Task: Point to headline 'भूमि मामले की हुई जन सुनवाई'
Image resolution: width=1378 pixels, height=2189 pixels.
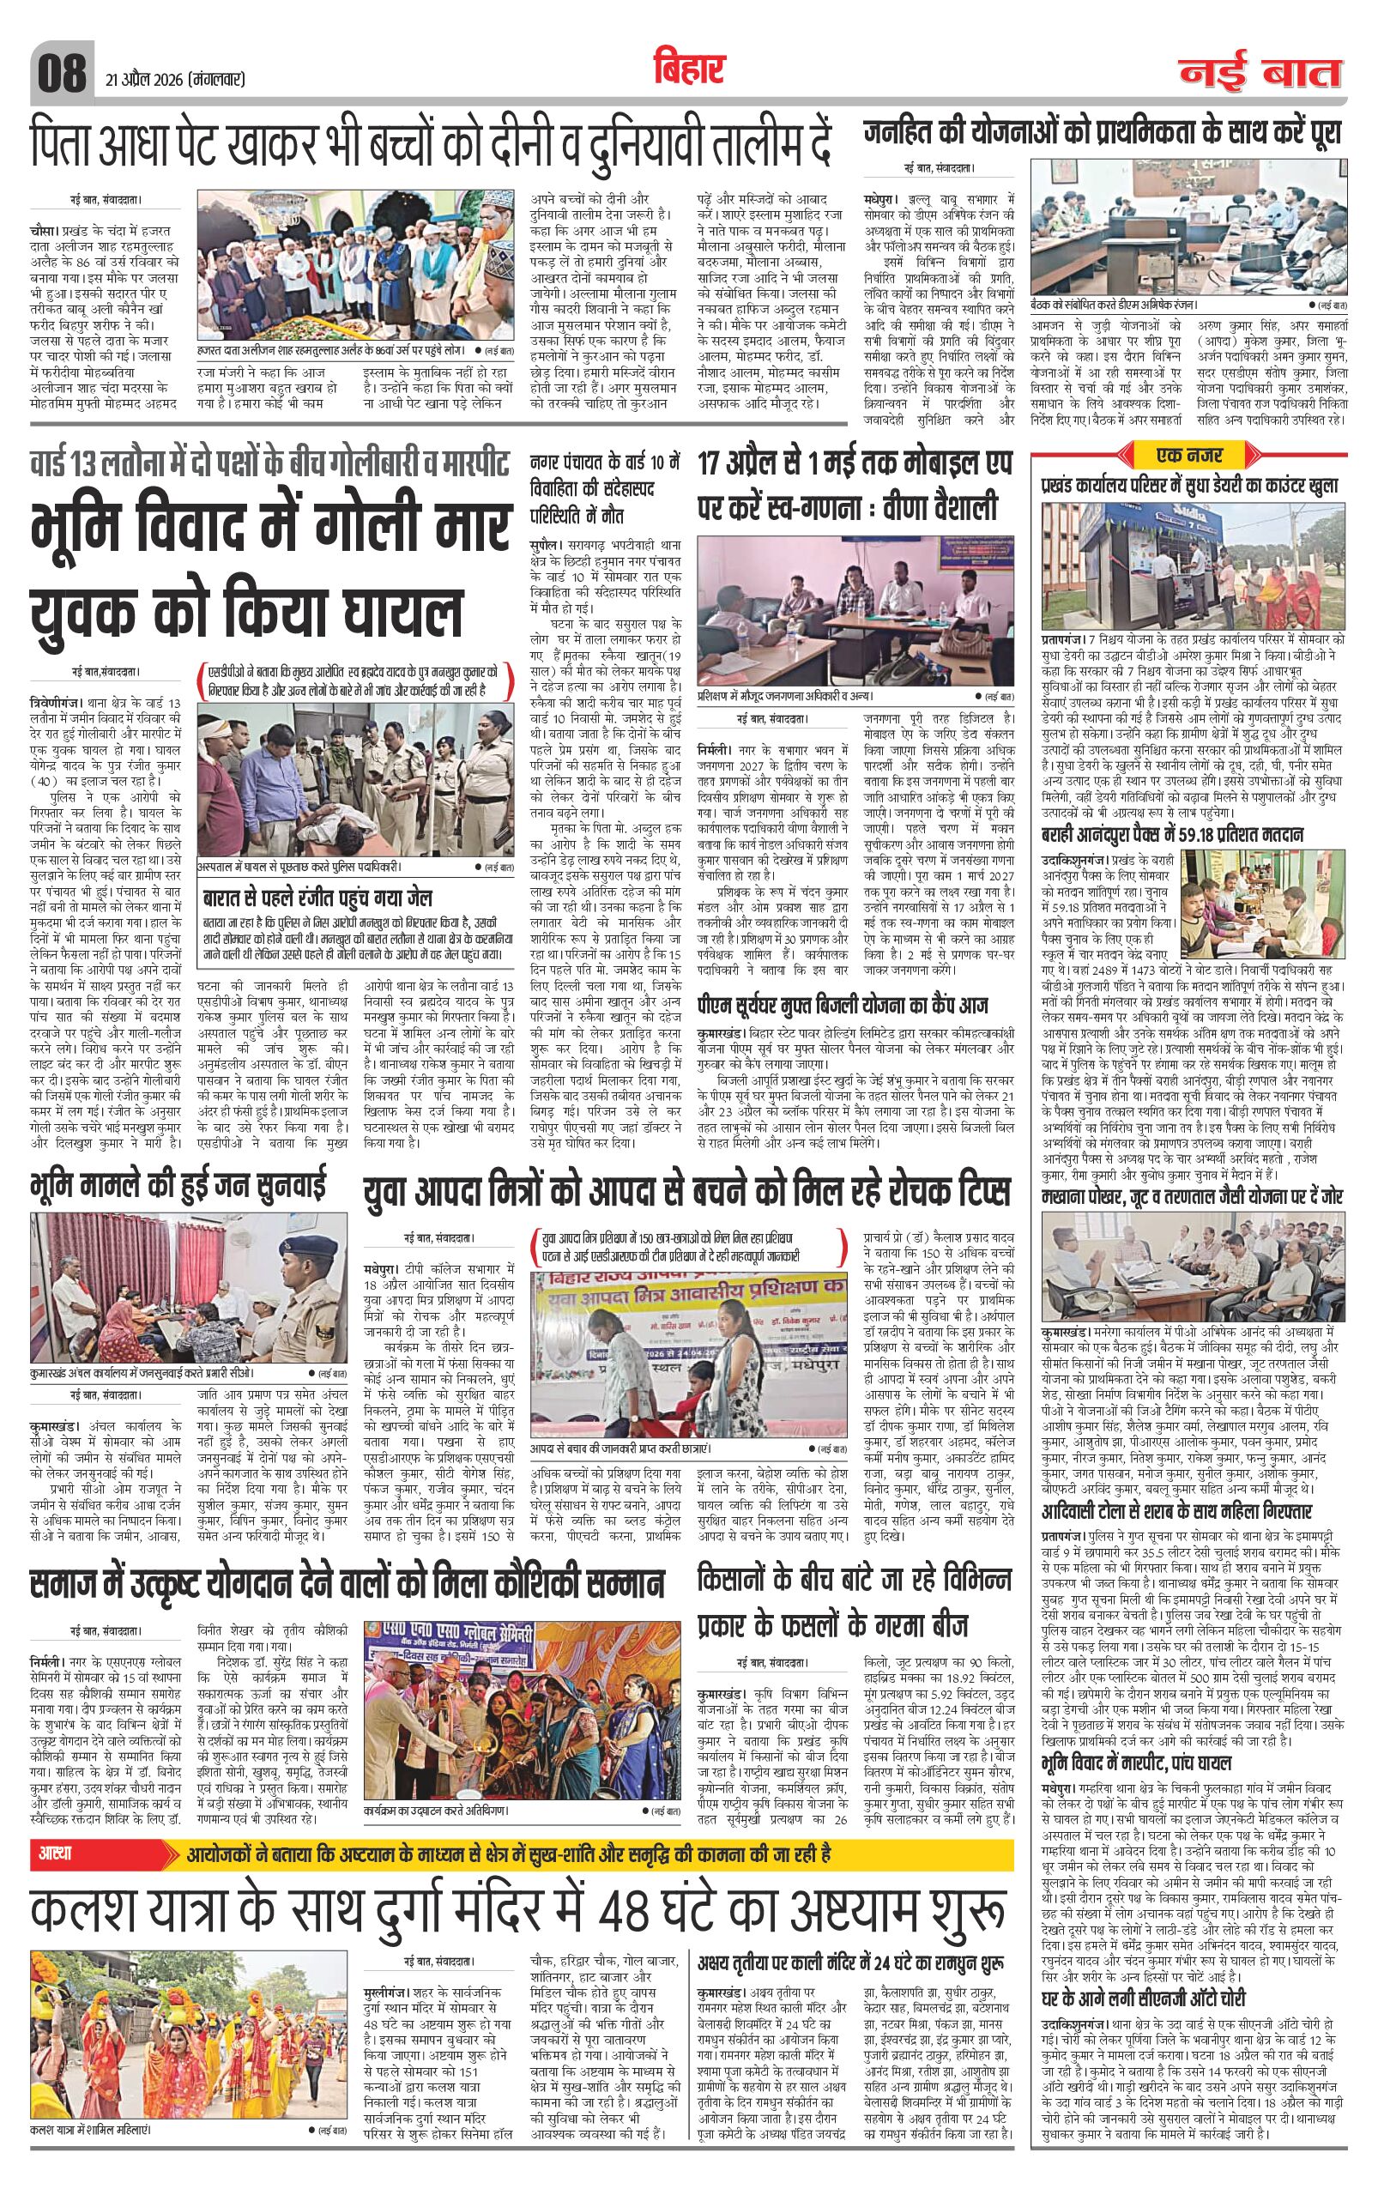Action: click(x=178, y=1188)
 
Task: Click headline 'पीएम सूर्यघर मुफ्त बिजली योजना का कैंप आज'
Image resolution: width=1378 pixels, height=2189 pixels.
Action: click(x=842, y=1006)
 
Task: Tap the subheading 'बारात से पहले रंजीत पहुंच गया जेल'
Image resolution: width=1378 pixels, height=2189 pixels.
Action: click(x=317, y=898)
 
